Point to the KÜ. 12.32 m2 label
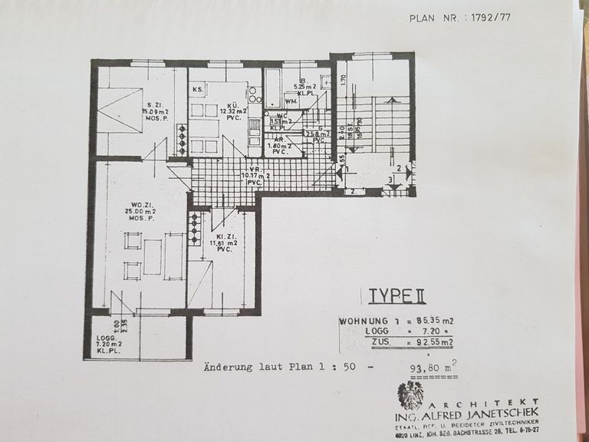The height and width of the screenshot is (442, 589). [x=232, y=112]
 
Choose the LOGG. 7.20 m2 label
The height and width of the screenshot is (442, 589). [x=107, y=345]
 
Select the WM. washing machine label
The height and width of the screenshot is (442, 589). [x=291, y=101]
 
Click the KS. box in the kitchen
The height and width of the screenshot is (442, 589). [x=197, y=90]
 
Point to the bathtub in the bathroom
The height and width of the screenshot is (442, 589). [x=272, y=88]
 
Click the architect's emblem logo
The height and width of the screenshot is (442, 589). [x=411, y=395]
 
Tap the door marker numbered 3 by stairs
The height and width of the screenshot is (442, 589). [x=390, y=180]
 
